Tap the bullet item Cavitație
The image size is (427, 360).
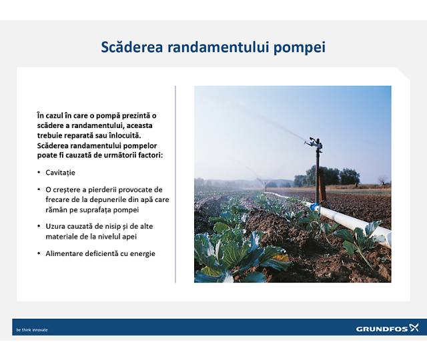[x=61, y=172]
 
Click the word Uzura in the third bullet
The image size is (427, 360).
[x=55, y=226]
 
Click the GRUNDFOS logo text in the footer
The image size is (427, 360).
[x=381, y=329]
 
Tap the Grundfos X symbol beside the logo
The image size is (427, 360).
[x=414, y=327]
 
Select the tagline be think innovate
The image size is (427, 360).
[x=32, y=329]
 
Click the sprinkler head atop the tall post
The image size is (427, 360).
[x=314, y=143]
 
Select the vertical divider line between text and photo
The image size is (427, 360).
[x=175, y=183]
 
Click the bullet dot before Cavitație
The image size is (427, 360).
[x=39, y=173]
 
